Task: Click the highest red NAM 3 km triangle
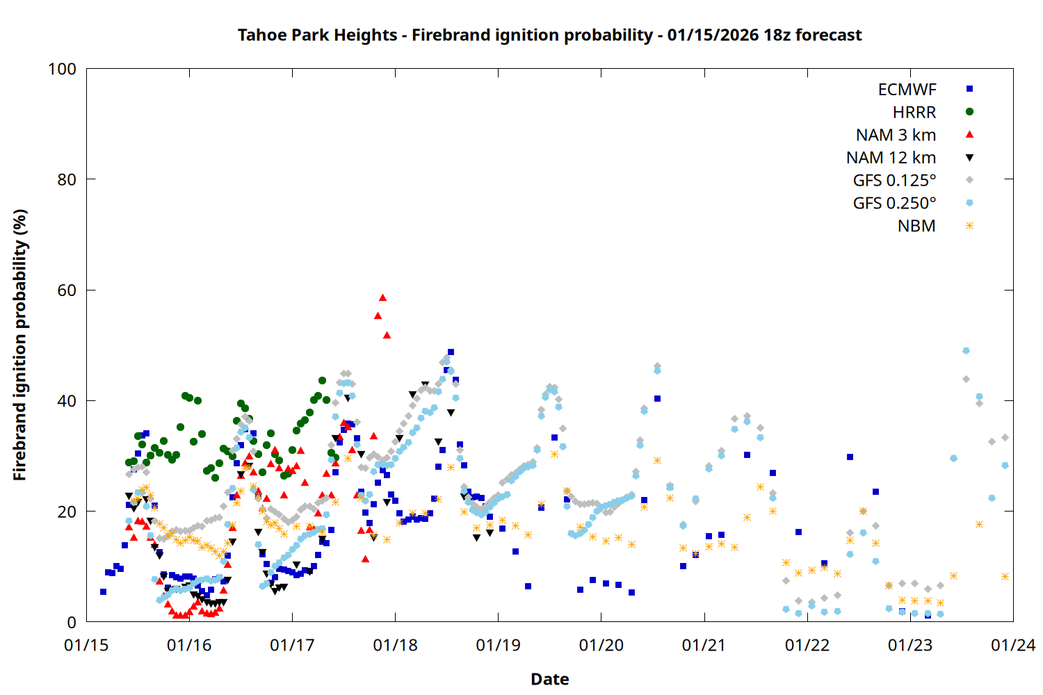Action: [x=382, y=297]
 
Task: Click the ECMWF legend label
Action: [x=907, y=90]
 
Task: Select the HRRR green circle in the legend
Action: [x=969, y=112]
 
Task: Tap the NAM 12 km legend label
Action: [x=891, y=158]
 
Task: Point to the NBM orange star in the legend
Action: [x=969, y=226]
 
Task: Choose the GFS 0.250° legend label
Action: [x=894, y=204]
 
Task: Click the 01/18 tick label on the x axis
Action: [x=395, y=646]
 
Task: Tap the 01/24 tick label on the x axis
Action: [x=1012, y=646]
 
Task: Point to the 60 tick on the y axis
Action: [x=67, y=291]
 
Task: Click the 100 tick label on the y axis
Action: [x=62, y=69]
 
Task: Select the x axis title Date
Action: [x=549, y=679]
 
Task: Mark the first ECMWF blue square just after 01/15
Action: [x=103, y=591]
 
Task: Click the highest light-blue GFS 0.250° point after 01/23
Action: [x=966, y=351]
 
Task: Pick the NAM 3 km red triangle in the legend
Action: [x=969, y=135]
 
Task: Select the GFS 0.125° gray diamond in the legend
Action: [x=969, y=180]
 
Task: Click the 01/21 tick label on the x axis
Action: [x=704, y=646]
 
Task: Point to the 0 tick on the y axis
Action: [x=72, y=623]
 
